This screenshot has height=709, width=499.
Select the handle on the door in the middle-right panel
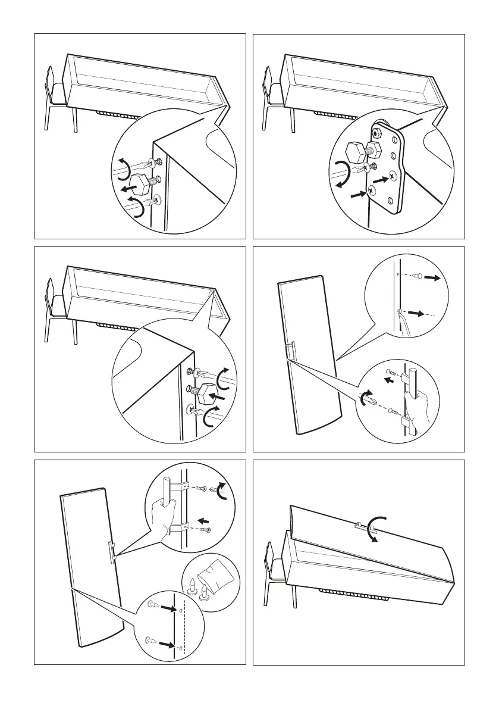point(290,351)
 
